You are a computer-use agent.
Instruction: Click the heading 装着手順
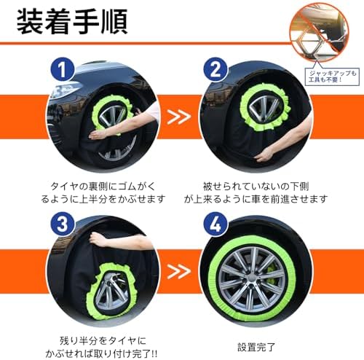71,22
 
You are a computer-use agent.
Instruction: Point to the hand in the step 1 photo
95,133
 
